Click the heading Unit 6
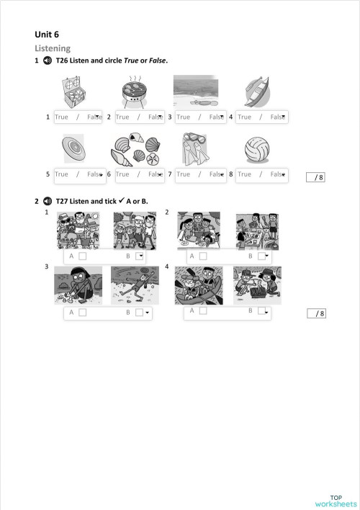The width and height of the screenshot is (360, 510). point(47,34)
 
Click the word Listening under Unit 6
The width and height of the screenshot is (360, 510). point(53,48)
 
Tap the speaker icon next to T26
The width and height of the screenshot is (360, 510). point(48,61)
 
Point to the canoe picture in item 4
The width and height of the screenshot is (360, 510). point(256,92)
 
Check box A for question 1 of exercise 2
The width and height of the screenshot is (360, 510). point(83,256)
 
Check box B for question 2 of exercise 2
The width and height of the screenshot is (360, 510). point(261,256)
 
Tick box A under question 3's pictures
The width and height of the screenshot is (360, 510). point(83,313)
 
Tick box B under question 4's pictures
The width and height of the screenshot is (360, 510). point(261,311)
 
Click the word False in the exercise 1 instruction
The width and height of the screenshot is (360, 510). point(158,61)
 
